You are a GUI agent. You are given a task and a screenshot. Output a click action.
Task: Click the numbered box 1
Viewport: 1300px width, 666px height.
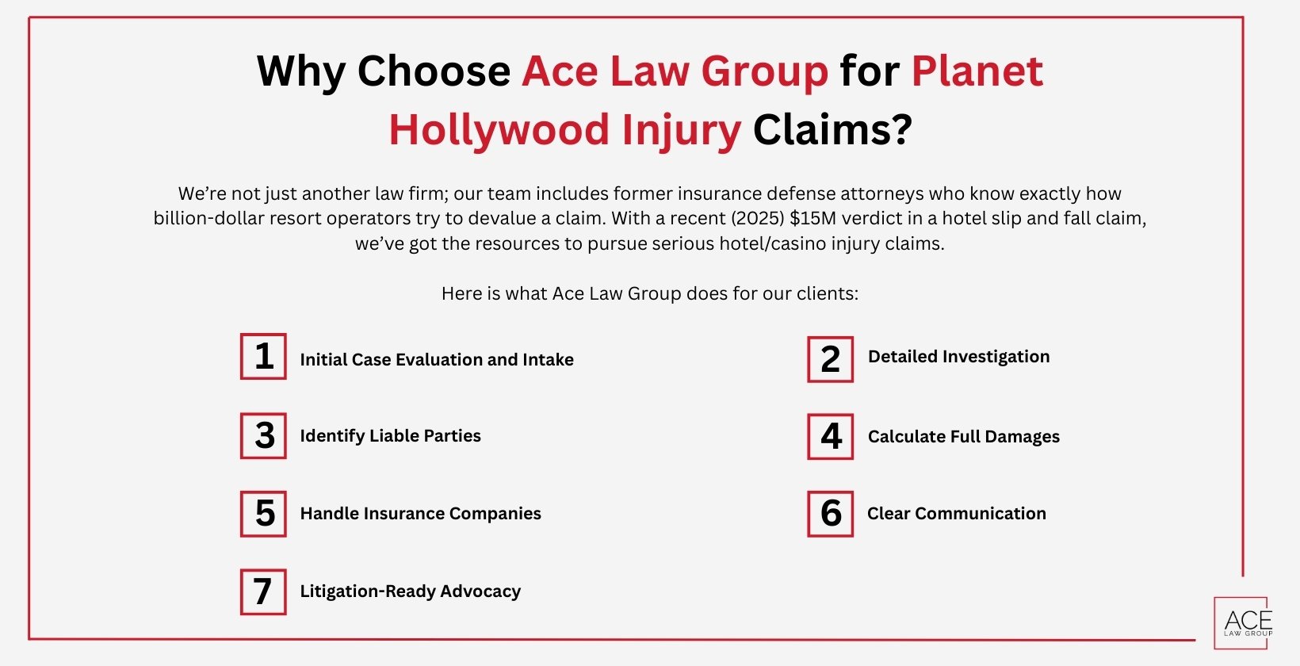tap(263, 357)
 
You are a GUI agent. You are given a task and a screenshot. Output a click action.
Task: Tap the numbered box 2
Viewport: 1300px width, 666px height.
tap(830, 359)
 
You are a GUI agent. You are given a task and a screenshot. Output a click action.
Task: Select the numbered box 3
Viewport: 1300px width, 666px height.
tap(263, 435)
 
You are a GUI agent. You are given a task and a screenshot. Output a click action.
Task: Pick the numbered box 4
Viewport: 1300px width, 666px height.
tap(830, 436)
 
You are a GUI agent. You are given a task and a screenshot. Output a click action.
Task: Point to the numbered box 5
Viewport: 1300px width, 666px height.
tap(263, 513)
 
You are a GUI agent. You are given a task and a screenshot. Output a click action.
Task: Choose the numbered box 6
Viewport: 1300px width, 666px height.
tap(830, 513)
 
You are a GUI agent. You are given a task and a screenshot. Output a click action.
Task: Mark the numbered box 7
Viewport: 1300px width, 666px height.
tap(263, 591)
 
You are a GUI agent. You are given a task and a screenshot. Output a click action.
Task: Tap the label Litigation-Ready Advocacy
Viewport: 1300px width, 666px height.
tap(410, 591)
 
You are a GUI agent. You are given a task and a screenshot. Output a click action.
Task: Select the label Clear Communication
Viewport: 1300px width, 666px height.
tap(956, 514)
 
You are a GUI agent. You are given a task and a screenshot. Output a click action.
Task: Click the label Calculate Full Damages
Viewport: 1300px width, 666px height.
tap(963, 437)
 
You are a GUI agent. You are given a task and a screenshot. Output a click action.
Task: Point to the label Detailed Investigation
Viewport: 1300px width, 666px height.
tap(958, 357)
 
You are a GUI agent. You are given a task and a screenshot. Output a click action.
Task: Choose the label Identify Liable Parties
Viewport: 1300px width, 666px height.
tap(390, 436)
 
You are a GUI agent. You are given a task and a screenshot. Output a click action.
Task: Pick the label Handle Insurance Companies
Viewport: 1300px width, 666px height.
tap(420, 514)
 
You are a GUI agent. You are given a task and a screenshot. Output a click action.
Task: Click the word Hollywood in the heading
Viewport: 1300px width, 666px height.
tap(498, 129)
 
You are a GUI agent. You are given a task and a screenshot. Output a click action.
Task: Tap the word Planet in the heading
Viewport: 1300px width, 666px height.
tap(977, 71)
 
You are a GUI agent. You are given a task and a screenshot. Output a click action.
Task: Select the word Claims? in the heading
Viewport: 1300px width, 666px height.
tap(832, 129)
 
